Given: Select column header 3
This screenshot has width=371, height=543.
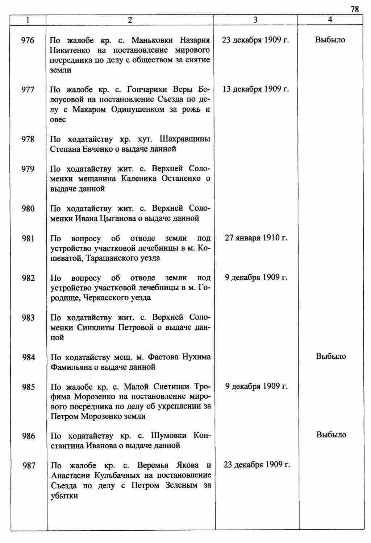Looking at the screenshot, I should point(255,20).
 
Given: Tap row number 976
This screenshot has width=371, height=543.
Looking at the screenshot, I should point(28,40).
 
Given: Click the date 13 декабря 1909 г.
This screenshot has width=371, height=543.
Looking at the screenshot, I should point(256,89).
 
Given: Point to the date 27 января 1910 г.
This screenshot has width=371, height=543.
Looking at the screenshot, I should point(256,238).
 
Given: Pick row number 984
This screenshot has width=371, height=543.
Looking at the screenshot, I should point(29,358).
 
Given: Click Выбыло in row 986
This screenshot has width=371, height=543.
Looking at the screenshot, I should point(331,435).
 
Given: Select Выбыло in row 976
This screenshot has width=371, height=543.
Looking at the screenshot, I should point(330,40).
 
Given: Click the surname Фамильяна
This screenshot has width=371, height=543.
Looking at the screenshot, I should point(70,367).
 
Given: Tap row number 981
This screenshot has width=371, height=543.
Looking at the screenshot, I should point(28,239).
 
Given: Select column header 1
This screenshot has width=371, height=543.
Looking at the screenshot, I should point(28,20).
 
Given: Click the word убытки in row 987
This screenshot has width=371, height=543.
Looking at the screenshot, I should point(64,495).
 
